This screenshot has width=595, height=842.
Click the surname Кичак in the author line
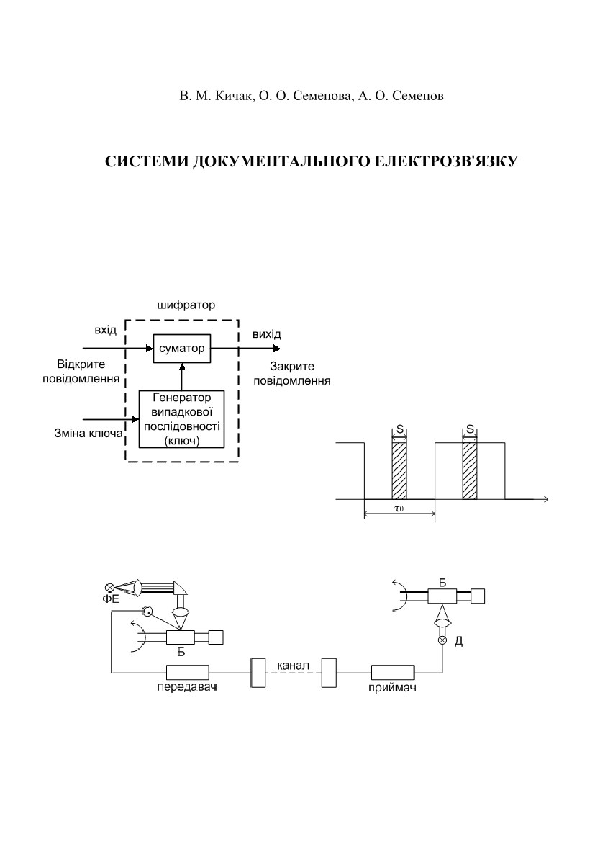pos(233,96)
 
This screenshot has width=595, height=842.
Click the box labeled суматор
pos(182,349)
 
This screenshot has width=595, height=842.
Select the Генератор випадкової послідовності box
pos(182,419)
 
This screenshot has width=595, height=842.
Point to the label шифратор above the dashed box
pos(186,305)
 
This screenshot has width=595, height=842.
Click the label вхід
pos(106,330)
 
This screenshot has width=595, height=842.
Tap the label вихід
pos(267,334)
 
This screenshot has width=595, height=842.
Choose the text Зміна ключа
pos(88,434)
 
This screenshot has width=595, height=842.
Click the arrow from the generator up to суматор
pos(182,377)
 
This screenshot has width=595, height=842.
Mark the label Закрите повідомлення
pos(292,374)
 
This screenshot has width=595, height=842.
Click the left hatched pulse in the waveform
pos(399,470)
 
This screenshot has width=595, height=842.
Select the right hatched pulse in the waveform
pos(470,470)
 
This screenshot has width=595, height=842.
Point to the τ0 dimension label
pos(399,509)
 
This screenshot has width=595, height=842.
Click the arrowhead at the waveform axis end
pos(545,499)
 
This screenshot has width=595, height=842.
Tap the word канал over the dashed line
pos(293,666)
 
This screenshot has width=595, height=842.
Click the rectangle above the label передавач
pos(187,672)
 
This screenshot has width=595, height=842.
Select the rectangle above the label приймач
pos(393,672)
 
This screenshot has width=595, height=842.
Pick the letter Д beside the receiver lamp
pos(459,641)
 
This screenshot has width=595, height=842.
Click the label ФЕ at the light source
pos(111,599)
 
